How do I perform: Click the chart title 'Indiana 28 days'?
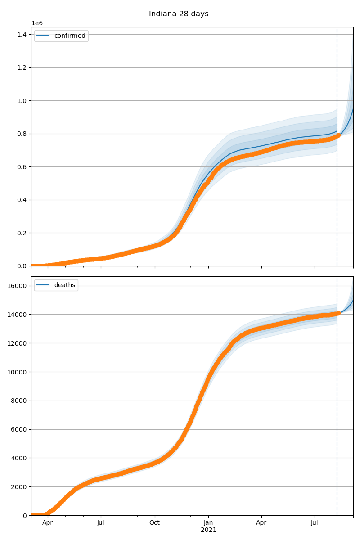pyautogui.click(x=179, y=14)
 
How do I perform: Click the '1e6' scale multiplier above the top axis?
pyautogui.click(x=37, y=23)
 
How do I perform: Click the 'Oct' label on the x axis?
pyautogui.click(x=155, y=523)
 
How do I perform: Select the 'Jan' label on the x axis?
pyautogui.click(x=208, y=523)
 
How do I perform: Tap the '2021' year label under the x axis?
pyautogui.click(x=208, y=530)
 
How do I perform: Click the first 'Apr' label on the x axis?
pyautogui.click(x=48, y=523)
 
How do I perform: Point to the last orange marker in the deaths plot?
pyautogui.click(x=338, y=313)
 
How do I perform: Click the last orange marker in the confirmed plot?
pyautogui.click(x=338, y=135)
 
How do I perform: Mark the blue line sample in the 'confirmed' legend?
pyautogui.click(x=43, y=36)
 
